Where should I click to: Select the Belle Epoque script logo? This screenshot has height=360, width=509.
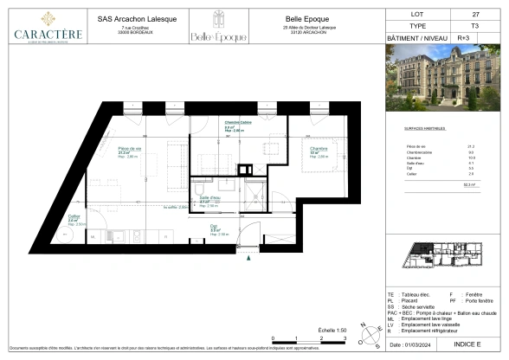229,36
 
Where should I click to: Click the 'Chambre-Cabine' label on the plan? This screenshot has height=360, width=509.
238,123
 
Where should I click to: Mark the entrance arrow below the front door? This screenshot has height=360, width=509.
248,256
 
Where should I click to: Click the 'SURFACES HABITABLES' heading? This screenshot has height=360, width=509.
424,128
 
